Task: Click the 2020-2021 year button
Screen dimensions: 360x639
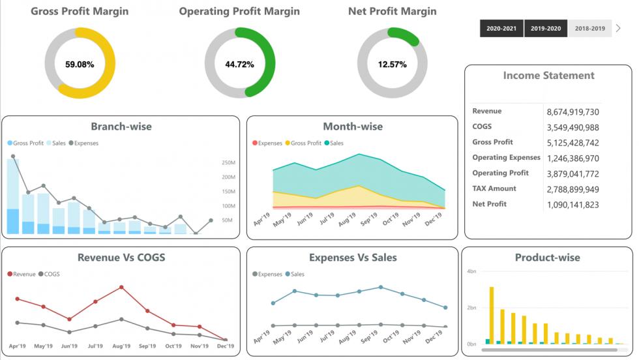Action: click(501, 29)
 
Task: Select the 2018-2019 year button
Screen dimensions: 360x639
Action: click(590, 29)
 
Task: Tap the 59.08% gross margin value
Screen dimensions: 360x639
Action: click(80, 65)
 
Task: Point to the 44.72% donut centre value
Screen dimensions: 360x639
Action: click(239, 65)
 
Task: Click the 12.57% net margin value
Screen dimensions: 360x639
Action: click(393, 65)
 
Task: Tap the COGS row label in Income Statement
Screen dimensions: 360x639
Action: click(482, 127)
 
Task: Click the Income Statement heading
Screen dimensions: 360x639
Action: click(548, 76)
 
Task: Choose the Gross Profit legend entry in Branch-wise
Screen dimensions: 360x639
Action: click(28, 143)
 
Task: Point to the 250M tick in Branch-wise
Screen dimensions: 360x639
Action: click(228, 162)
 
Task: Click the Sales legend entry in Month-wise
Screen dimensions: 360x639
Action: click(336, 143)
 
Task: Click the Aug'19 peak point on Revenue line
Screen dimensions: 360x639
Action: click(121, 287)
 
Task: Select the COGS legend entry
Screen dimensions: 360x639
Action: click(50, 274)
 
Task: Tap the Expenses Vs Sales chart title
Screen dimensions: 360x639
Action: click(353, 258)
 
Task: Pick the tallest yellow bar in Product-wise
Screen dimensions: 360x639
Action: click(492, 315)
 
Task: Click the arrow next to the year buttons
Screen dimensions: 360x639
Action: click(618, 29)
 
